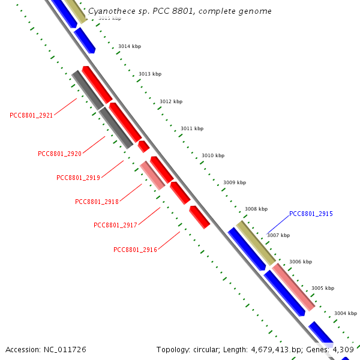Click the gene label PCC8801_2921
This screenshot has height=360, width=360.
31,115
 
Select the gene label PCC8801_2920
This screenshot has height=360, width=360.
59,154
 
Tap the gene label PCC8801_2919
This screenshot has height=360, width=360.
78,178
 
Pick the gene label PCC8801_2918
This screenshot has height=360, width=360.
97,202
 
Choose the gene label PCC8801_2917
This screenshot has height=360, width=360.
115,225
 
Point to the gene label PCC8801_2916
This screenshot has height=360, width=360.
135,250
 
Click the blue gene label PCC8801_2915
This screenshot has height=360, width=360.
311,214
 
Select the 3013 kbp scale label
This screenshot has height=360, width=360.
150,74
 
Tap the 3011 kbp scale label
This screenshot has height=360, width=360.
192,128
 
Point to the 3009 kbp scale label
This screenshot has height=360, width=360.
235,182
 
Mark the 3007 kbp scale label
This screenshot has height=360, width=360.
278,235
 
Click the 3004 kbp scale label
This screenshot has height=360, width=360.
346,313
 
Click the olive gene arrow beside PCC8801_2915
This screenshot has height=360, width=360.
256,242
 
